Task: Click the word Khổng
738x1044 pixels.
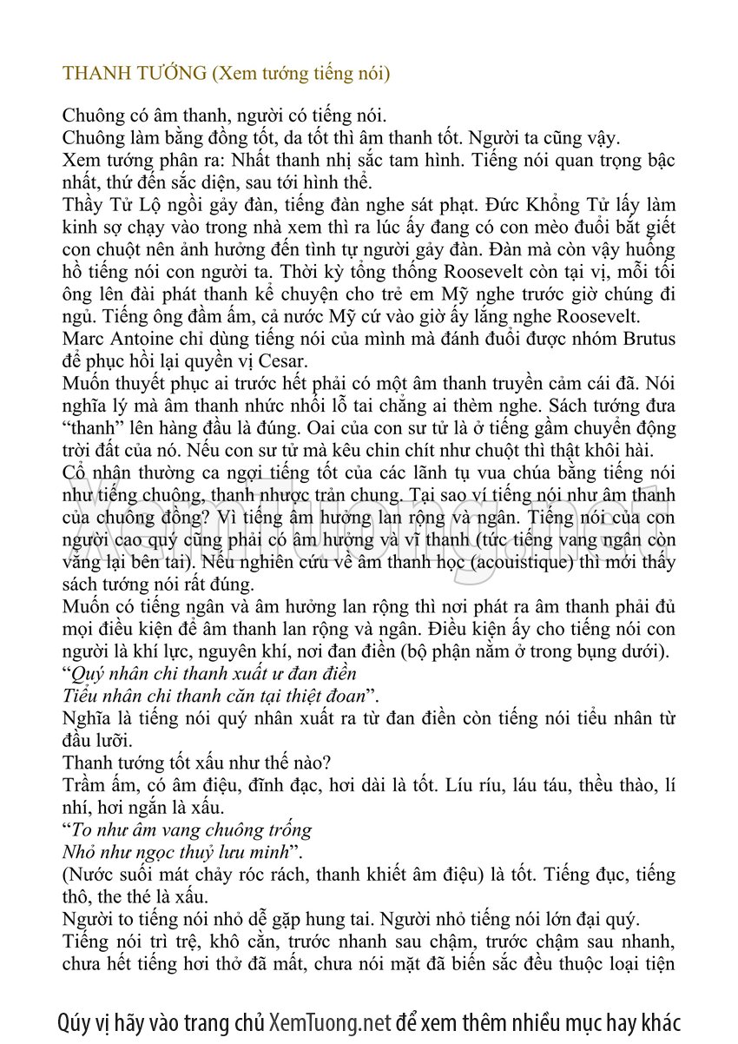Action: pos(549,206)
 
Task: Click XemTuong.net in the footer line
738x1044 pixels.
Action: pos(331,1021)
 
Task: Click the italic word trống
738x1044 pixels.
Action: pos(291,830)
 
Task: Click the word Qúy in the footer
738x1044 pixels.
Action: pos(74,1021)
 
